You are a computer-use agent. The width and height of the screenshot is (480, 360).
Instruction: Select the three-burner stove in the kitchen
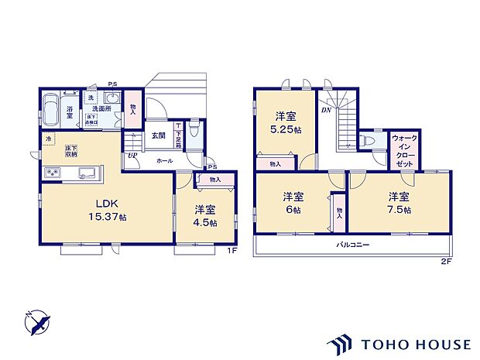pos(53,172)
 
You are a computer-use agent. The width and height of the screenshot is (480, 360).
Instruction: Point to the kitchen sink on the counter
pos(86,172)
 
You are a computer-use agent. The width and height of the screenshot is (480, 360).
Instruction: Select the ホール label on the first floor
pos(164,160)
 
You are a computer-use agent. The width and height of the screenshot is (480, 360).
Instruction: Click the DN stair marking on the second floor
pos(327,111)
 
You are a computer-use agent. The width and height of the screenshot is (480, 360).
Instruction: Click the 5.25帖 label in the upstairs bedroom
pos(284,132)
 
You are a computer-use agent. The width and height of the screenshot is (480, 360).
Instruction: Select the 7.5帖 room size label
pos(398,209)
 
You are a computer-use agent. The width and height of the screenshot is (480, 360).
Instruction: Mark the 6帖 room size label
pos(292,209)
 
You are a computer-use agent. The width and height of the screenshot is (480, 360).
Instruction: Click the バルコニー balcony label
pos(352,245)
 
